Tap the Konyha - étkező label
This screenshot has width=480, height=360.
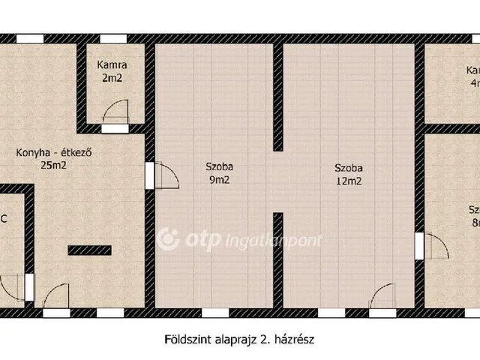54,154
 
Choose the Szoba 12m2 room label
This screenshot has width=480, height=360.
349,173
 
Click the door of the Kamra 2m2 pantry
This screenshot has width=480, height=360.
115,115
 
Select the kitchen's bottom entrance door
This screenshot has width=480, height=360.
56,296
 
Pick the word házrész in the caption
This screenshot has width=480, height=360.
293,339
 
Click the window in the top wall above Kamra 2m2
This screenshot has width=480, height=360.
113,38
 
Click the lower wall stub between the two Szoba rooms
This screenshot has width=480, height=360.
277,259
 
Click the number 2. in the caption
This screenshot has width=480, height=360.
263,339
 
